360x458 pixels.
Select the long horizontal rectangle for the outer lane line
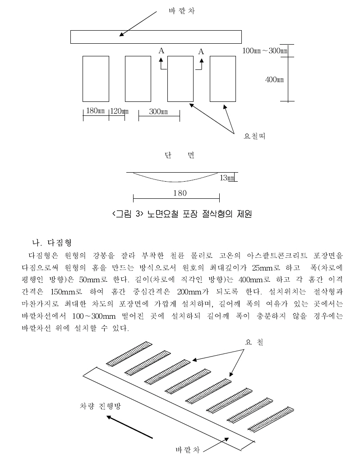coord(156,37)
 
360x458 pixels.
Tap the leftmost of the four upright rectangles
coord(96,78)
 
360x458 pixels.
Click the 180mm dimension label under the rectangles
coord(96,112)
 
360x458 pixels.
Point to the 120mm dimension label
coord(119,112)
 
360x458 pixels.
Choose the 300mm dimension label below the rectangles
coord(158,112)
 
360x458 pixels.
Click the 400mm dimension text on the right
coord(274,80)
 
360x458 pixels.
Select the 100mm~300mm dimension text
coord(265,50)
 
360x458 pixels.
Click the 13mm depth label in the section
coord(227,178)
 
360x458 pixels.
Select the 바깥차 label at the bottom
coord(188,449)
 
